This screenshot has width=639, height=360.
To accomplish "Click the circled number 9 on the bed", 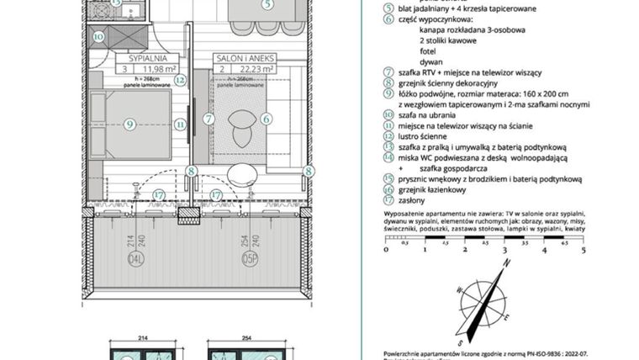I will [x=130, y=124].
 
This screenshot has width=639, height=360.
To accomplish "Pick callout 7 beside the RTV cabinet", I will [x=208, y=119].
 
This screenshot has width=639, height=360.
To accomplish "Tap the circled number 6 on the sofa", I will [x=266, y=119].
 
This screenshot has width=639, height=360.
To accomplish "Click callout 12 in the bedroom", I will [x=179, y=80].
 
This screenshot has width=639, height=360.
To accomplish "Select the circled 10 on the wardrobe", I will [x=98, y=37].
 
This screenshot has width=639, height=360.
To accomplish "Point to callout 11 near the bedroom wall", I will [x=179, y=124].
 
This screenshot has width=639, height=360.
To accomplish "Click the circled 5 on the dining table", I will [x=267, y=5].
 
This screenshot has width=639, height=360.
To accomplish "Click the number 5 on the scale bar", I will [x=584, y=250].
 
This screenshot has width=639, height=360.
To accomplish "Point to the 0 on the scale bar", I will [x=386, y=250].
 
